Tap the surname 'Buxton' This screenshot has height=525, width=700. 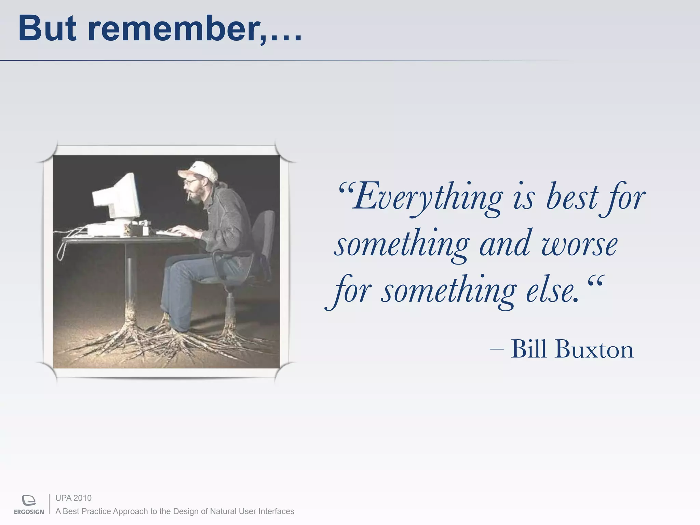coord(594,349)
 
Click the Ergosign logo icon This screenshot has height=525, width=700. coord(29,500)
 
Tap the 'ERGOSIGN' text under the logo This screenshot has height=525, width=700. coord(29,512)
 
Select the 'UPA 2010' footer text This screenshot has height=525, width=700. coord(73,498)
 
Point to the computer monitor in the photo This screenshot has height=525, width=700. coord(118,198)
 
